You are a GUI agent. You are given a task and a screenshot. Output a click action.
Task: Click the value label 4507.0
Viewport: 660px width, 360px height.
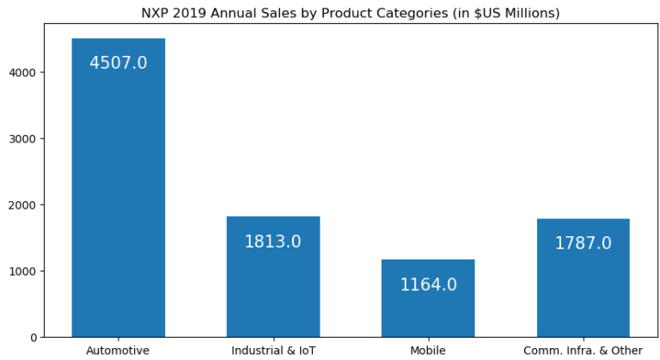click(x=118, y=63)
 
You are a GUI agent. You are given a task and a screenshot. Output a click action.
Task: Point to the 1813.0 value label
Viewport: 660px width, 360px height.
click(x=272, y=241)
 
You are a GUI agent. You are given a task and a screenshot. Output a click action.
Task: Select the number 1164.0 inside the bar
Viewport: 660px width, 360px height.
click(x=428, y=284)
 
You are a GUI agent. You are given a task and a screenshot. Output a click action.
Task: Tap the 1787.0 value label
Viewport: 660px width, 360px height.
click(x=583, y=243)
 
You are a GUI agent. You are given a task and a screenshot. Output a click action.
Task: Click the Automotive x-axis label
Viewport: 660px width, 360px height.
click(x=118, y=351)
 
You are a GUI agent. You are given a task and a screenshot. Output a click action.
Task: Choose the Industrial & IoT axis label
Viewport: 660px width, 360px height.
click(x=273, y=351)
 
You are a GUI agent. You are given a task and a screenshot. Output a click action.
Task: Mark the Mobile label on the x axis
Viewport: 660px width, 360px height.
click(x=428, y=351)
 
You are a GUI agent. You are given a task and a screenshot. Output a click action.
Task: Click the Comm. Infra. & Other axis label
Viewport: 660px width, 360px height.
click(x=583, y=351)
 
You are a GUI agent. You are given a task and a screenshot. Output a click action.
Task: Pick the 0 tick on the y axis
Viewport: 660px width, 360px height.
click(x=32, y=337)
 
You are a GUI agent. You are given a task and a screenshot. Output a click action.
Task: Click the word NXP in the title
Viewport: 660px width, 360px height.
click(x=156, y=13)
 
